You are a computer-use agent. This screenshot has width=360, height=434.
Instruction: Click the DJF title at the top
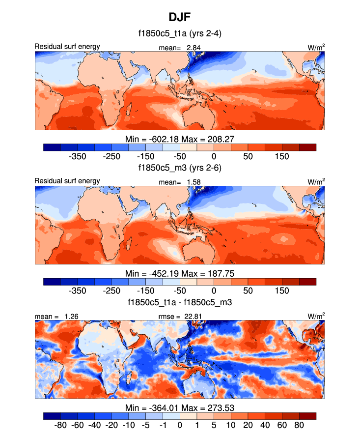click(x=180, y=17)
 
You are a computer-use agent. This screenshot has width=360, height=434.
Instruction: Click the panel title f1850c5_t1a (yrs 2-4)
click(x=180, y=34)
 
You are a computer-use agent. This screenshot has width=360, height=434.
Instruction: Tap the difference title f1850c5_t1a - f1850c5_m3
click(x=180, y=302)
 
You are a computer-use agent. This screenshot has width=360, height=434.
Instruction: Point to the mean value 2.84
click(x=193, y=47)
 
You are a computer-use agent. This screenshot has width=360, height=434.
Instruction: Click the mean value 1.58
click(x=193, y=182)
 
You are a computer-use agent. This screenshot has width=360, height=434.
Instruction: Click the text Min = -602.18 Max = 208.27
click(x=180, y=139)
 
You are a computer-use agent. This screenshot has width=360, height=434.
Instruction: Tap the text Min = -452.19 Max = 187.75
click(x=180, y=273)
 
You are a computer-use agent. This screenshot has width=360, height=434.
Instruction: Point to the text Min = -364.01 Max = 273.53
click(x=180, y=407)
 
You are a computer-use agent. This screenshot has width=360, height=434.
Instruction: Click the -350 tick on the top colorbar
click(x=77, y=156)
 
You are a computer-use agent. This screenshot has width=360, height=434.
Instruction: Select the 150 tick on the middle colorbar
click(x=282, y=290)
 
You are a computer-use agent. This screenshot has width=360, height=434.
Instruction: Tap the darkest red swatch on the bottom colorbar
click(x=307, y=416)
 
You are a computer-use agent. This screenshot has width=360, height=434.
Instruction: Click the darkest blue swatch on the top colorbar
click(x=52, y=147)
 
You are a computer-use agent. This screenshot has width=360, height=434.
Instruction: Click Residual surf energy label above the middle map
click(x=67, y=181)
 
